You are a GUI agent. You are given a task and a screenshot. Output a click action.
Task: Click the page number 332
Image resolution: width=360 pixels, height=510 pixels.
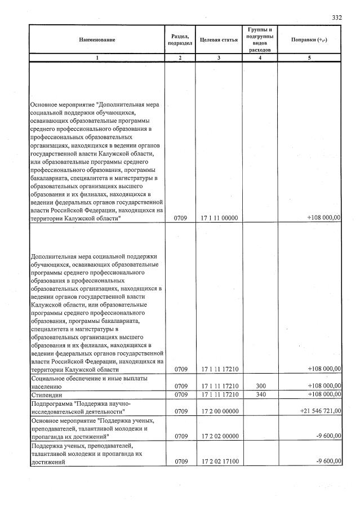click(x=336, y=17)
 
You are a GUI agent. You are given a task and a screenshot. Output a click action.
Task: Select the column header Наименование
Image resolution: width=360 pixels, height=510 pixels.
click(x=96, y=39)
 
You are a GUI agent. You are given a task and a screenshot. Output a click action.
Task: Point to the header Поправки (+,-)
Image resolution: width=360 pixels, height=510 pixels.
click(x=309, y=39)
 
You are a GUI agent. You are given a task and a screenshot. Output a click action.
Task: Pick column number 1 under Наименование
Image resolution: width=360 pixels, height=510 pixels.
click(x=96, y=57)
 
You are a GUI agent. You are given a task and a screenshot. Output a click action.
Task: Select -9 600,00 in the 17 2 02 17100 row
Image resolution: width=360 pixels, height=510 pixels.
click(x=327, y=462)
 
